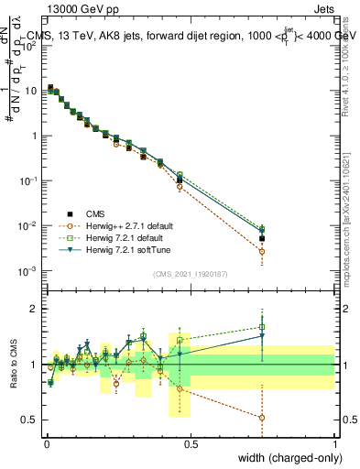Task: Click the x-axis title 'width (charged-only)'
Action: (x=284, y=457)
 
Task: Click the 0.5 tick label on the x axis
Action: (x=190, y=443)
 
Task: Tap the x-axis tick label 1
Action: (x=335, y=443)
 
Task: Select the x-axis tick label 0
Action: (x=46, y=443)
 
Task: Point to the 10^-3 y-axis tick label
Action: (x=27, y=270)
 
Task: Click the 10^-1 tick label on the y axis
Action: (x=27, y=180)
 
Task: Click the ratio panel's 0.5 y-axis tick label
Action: (x=29, y=420)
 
